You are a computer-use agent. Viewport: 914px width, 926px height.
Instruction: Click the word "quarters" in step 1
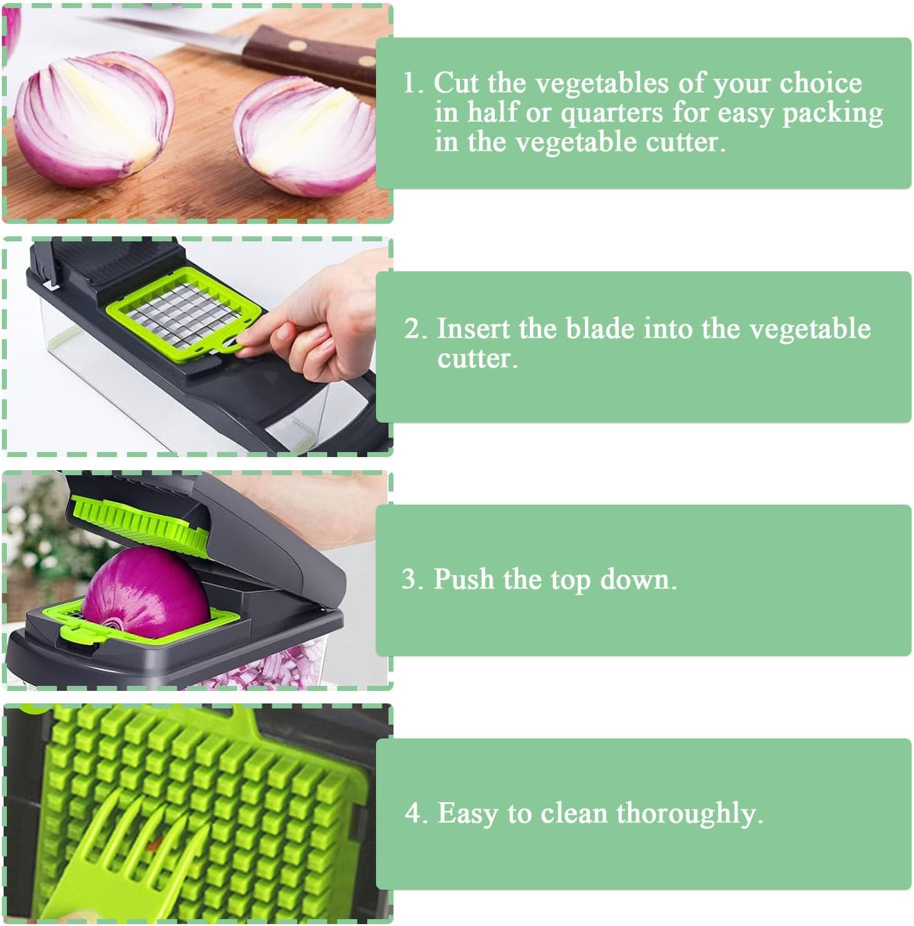(x=611, y=114)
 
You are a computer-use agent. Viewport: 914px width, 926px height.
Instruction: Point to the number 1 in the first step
(x=410, y=83)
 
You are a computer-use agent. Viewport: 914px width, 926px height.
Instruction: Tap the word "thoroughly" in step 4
(x=689, y=814)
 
